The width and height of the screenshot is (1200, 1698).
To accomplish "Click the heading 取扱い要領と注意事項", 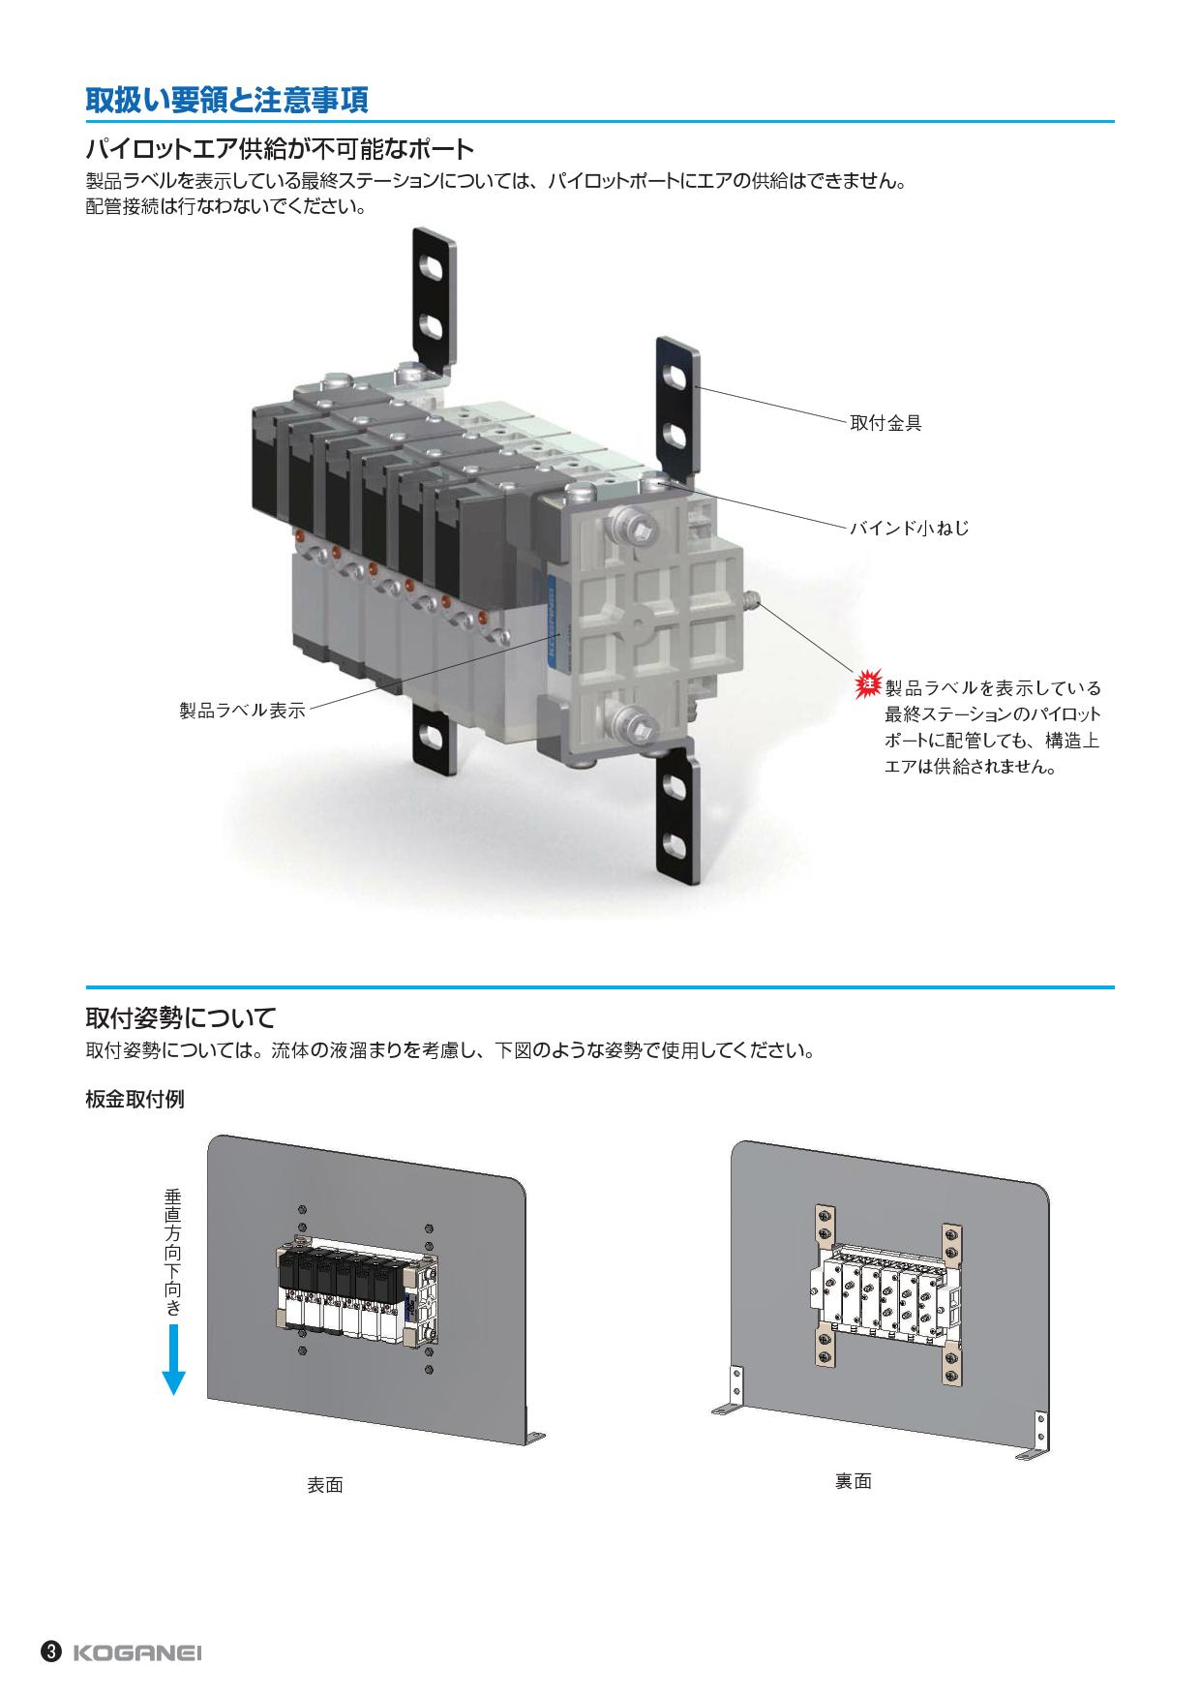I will pos(227,99).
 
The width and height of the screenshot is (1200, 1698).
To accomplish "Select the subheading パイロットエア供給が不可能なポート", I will pos(280,149).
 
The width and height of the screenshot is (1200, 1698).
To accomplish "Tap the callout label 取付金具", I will pos(885,423).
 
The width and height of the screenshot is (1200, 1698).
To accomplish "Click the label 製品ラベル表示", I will pos(242,711).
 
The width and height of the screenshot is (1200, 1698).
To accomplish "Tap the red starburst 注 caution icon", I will pos(868,685).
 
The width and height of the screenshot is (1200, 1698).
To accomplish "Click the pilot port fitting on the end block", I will pos(753,605).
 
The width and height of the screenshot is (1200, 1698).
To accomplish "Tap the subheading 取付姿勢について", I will pos(181,1017).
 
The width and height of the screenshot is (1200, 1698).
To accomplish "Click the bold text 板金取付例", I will pos(135,1100).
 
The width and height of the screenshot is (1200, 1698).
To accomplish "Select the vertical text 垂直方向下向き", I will pos(173,1253).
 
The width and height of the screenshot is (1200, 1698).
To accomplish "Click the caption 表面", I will pos(325,1485).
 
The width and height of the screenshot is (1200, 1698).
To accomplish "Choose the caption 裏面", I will pos(853,1481).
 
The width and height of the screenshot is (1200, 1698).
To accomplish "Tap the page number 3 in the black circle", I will pos(52,1652).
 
